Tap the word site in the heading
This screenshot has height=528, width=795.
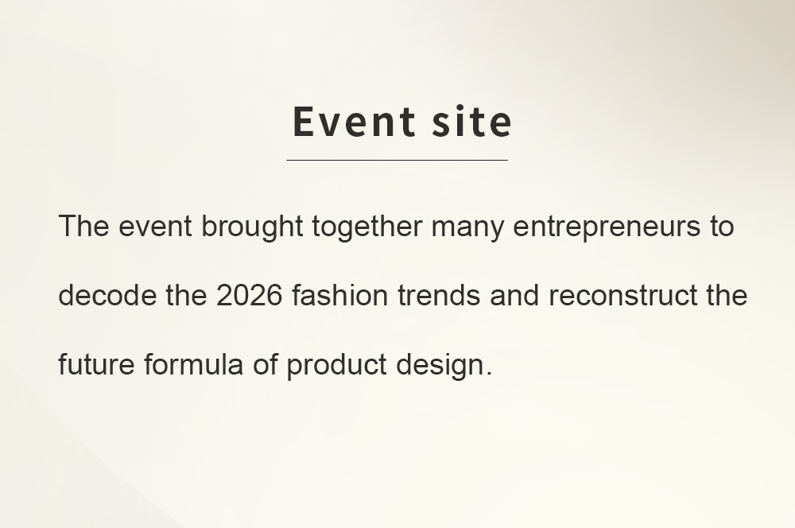coord(472,121)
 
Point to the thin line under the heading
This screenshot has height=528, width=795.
coord(397,160)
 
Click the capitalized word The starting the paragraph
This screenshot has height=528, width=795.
coord(83,226)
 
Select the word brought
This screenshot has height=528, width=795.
coord(252,227)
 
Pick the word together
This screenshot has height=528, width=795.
coord(366,227)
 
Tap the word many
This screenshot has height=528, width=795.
coord(467,229)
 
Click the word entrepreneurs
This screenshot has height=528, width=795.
coord(607,227)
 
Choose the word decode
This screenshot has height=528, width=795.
coord(107,295)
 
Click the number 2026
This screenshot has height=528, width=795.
coord(249,295)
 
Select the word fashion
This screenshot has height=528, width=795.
coord(339,295)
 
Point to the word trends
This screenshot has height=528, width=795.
coord(439,295)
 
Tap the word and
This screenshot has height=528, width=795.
coord(514,295)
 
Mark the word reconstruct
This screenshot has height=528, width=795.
coord(623,295)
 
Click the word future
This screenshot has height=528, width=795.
coord(96,364)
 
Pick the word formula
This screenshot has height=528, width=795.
coord(193,364)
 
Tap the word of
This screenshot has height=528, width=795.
coord(266,364)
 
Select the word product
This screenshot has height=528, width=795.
coord(336,367)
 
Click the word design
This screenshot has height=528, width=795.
coord(440,367)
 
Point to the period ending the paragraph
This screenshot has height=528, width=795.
coord(488,373)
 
